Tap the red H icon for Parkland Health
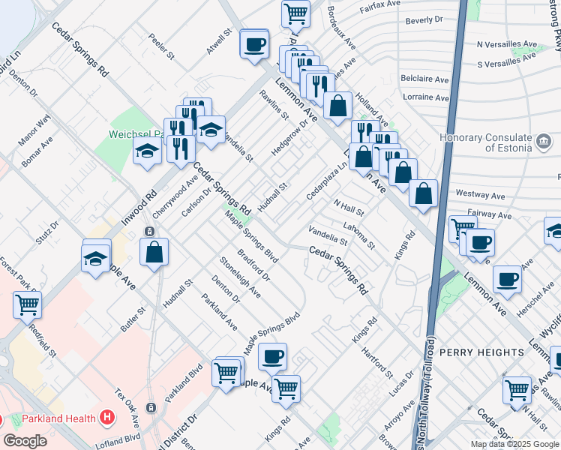(x=107, y=418)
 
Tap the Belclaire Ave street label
(x=424, y=79)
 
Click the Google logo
(x=25, y=441)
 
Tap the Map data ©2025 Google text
(x=514, y=444)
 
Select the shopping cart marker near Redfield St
(x=28, y=305)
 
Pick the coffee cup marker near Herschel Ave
(x=508, y=279)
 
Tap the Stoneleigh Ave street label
(x=240, y=277)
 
